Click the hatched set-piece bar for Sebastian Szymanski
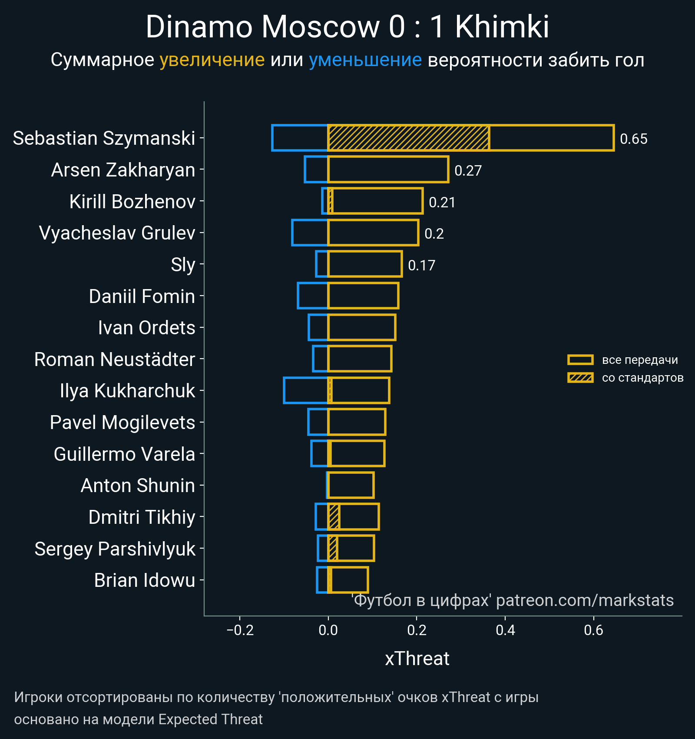pos(408,138)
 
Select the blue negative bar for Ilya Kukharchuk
pos(305,390)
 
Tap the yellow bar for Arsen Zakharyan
pos(388,170)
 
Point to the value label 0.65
pos(633,139)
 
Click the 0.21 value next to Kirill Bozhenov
pos(442,203)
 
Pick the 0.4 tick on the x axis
pos(505,630)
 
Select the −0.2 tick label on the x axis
pos(240,630)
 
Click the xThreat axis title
pos(417,659)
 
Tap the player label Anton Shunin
pos(138,486)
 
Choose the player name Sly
pos(183,265)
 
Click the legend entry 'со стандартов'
pos(642,378)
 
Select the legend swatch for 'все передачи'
pos(580,360)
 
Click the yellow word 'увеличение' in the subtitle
pos(212,60)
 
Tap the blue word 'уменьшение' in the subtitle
pos(365,60)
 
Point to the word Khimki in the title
pos(502,27)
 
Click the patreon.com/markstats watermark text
pos(585,600)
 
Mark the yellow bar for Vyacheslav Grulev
pos(373,233)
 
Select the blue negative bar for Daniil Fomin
pos(313,296)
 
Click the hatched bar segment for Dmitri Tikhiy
pos(334,517)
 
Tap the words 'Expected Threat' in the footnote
pos(210,719)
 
